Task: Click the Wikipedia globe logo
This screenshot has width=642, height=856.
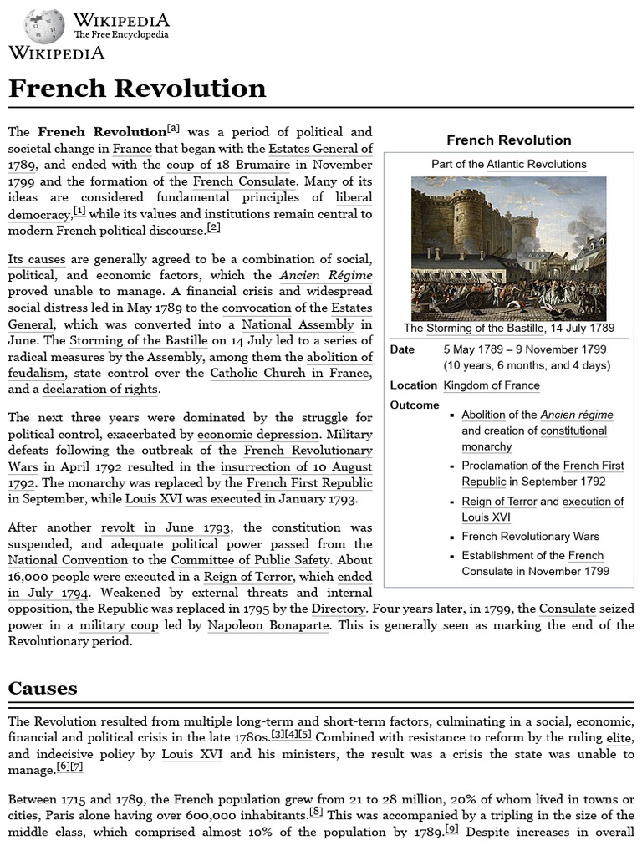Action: (x=44, y=26)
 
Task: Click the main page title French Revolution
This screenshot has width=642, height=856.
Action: (x=137, y=88)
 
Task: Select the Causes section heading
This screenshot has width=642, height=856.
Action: (x=43, y=688)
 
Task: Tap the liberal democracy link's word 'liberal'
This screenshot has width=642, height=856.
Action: (x=353, y=197)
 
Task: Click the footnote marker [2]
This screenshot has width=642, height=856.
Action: (x=213, y=227)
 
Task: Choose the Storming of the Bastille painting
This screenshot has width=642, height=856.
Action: (x=508, y=248)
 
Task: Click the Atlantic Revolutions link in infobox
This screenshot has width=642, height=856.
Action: (x=537, y=164)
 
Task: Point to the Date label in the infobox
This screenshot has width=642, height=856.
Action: (x=402, y=349)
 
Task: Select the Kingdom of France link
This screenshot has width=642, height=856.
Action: (x=492, y=385)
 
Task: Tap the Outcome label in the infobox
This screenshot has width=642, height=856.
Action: (x=415, y=405)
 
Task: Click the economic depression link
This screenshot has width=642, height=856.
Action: (x=258, y=435)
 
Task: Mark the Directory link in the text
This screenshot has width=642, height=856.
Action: (x=338, y=609)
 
